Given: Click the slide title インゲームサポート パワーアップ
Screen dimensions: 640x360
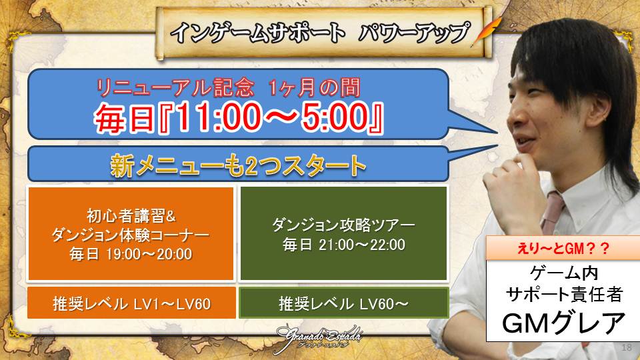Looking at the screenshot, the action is (x=320, y=33).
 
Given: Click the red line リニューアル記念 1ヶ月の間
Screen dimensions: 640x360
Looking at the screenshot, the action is (x=229, y=87).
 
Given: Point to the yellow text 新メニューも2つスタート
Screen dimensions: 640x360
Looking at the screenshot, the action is (x=238, y=165).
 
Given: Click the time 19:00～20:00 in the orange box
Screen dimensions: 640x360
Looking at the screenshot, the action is (x=149, y=254).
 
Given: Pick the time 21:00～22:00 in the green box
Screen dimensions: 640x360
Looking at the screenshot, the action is (x=362, y=245).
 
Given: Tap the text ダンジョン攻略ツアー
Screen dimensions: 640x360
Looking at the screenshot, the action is (x=343, y=225).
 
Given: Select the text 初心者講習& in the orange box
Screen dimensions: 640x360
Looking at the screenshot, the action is (x=131, y=216).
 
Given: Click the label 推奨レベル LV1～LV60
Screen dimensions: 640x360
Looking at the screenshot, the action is (x=131, y=304).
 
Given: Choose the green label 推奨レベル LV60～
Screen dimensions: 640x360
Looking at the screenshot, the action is (x=343, y=304).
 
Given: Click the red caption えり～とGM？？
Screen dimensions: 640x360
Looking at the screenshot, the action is (x=563, y=248).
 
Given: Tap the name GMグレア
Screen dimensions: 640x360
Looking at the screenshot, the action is (x=563, y=323).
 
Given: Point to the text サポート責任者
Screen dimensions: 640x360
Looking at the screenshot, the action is (x=564, y=294).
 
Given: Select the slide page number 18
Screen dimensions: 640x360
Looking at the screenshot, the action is (x=626, y=348).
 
